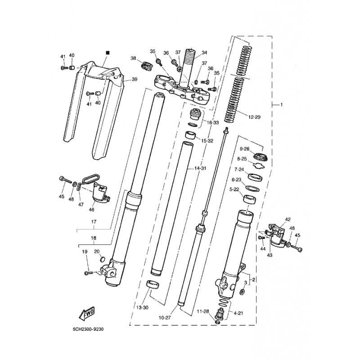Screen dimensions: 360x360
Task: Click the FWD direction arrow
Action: (87, 313)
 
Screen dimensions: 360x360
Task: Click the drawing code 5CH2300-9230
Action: (88, 329)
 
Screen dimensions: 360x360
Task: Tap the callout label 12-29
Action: (254, 117)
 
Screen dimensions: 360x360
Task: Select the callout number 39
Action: (135, 79)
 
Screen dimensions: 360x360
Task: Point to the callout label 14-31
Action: (200, 168)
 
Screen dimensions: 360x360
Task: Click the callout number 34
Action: (204, 53)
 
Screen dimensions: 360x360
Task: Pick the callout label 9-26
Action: (245, 149)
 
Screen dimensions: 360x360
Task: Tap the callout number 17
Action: (94, 222)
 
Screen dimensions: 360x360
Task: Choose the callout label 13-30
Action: (143, 308)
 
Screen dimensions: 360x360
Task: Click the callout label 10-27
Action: (165, 318)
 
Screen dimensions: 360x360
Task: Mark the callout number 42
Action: (288, 220)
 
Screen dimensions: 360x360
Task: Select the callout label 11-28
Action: (203, 311)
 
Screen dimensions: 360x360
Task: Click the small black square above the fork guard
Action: (108, 53)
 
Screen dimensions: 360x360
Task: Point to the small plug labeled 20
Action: (103, 260)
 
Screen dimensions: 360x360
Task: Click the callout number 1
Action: (282, 105)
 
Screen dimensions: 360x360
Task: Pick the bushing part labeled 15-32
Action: (190, 135)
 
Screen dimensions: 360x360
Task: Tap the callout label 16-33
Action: (213, 122)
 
